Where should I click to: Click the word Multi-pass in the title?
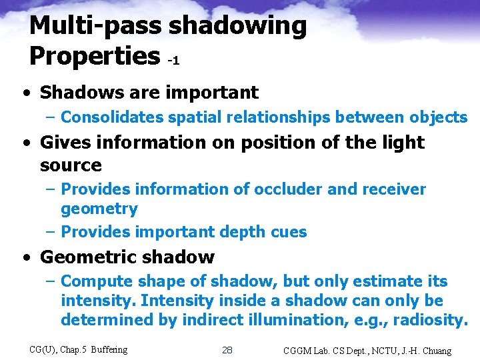(96, 26)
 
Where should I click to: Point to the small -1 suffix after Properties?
(173, 61)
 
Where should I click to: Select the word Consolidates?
(112, 117)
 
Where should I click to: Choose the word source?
(71, 165)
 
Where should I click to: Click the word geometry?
(99, 209)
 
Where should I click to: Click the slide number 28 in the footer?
(227, 350)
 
